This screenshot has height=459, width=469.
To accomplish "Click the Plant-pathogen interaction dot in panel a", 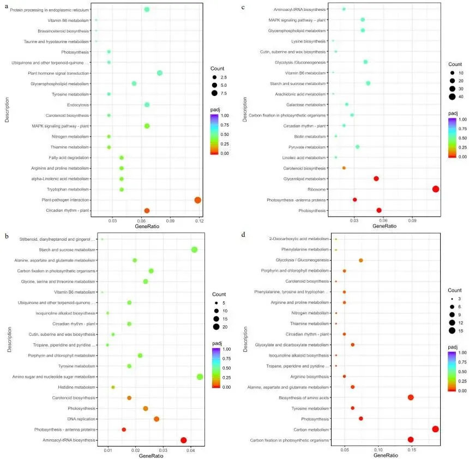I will tap(197, 200).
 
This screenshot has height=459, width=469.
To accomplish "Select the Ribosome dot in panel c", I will tap(436, 189).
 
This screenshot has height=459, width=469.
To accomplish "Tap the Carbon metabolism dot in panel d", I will tap(435, 429).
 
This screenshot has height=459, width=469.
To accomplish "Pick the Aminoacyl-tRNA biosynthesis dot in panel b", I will tap(184, 440).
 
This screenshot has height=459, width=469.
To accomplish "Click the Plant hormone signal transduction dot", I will tap(160, 73).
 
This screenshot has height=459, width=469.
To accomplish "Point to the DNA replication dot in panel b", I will tap(157, 419).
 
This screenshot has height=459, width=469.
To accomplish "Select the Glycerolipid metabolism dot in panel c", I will tap(376, 178).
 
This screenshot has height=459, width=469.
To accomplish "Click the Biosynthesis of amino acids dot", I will tap(411, 397).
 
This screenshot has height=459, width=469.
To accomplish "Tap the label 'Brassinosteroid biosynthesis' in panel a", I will tap(61, 31).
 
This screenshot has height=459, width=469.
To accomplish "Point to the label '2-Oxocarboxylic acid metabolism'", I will tap(300, 239).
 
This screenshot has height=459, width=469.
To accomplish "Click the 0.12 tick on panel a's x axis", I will tap(199, 220).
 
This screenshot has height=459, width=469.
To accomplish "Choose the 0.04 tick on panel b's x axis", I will tap(190, 450).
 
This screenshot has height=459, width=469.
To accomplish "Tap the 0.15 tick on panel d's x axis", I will tap(411, 450).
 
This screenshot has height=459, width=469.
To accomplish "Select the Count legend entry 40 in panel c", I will tap(452, 97).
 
